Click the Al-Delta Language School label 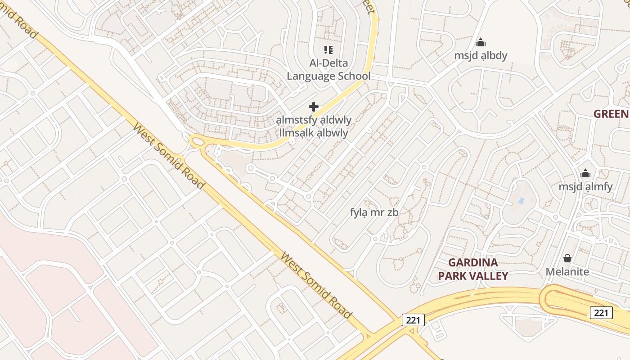pyautogui.click(x=328, y=69)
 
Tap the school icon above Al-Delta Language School pyautogui.click(x=328, y=49)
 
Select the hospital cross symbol pyautogui.click(x=314, y=107)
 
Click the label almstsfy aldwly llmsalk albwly pyautogui.click(x=314, y=126)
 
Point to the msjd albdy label pyautogui.click(x=480, y=55)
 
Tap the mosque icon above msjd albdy pyautogui.click(x=481, y=43)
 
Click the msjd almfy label pyautogui.click(x=585, y=186)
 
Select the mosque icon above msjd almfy pyautogui.click(x=585, y=173)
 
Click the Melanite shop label pyautogui.click(x=567, y=272)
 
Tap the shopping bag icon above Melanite pyautogui.click(x=567, y=258)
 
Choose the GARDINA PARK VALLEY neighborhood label pyautogui.click(x=473, y=269)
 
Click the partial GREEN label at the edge pyautogui.click(x=611, y=113)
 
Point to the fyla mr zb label pyautogui.click(x=374, y=212)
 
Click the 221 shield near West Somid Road pyautogui.click(x=413, y=320)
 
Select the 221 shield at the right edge pyautogui.click(x=601, y=312)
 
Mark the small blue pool pyautogui.click(x=521, y=200)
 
